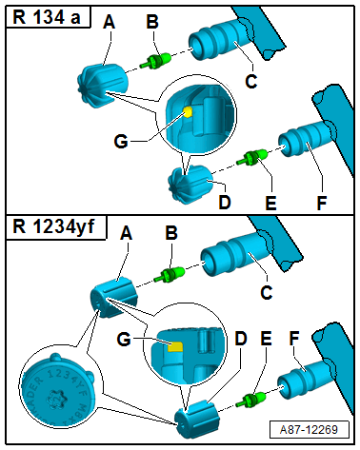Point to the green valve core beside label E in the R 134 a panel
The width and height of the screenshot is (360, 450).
click(253, 156)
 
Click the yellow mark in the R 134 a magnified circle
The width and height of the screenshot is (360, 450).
click(189, 111)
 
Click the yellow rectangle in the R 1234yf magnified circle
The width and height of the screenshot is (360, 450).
click(174, 345)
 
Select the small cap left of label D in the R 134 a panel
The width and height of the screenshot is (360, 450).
click(186, 180)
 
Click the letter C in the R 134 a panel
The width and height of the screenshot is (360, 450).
click(250, 83)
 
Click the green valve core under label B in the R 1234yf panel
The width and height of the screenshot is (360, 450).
click(170, 276)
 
